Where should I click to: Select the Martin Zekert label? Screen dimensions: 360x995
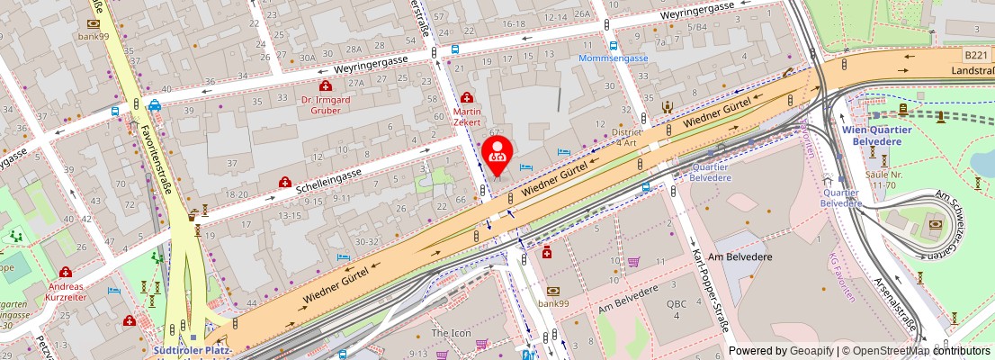coord(467,115)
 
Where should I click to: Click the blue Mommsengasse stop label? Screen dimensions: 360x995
coord(614,58)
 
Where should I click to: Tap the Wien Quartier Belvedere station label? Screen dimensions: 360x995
coord(877,134)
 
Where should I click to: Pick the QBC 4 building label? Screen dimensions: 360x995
coord(677,310)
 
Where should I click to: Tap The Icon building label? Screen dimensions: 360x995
coord(450,333)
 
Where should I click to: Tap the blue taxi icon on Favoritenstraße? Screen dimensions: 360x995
coord(156,104)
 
